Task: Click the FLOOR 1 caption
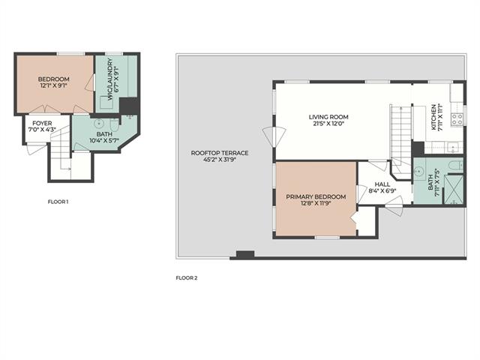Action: (x=58, y=202)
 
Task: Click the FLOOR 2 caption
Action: (x=187, y=278)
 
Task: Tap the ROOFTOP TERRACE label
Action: (x=220, y=153)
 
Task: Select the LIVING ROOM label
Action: (x=328, y=117)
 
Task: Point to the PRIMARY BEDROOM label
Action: (x=316, y=196)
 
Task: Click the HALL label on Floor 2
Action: (x=382, y=184)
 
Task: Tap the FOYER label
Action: (x=42, y=123)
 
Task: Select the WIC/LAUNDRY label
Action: (x=110, y=79)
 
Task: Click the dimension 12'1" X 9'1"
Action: (x=53, y=85)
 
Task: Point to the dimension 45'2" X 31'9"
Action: (x=220, y=160)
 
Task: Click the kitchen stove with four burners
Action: (x=457, y=119)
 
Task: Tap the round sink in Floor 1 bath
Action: (x=99, y=124)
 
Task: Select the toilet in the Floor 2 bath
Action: (x=456, y=166)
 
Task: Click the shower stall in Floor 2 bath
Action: (x=454, y=189)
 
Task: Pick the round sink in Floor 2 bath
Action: (x=418, y=172)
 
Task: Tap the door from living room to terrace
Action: (x=274, y=136)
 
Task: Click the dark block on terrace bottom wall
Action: (x=245, y=255)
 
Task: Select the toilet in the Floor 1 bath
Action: (x=115, y=125)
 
